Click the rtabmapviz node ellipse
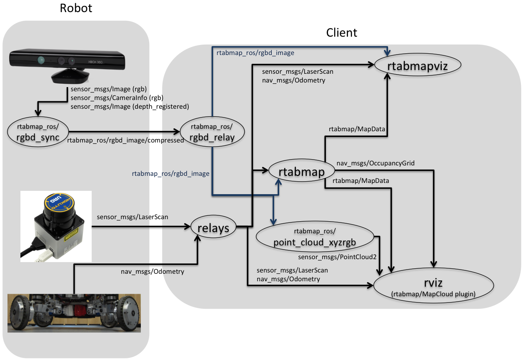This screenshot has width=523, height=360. point(417,66)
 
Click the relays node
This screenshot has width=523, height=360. point(213,227)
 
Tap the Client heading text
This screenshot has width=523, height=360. point(342,32)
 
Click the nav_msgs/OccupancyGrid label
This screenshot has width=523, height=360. point(375,163)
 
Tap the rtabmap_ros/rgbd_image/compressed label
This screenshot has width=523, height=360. point(125,140)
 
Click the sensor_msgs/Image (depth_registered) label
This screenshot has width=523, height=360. point(130,107)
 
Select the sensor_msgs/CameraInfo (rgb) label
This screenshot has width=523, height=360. point(117,98)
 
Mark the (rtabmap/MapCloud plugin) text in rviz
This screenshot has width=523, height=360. point(434,295)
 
